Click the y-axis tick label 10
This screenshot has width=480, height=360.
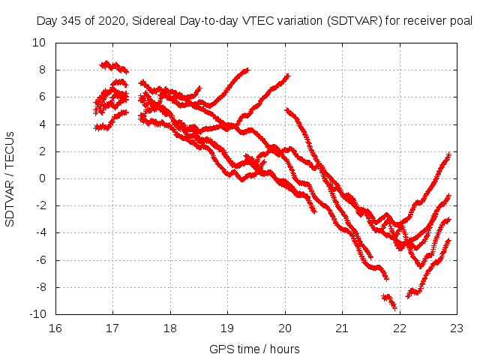pos(39,43)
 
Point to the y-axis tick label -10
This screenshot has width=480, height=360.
pos(37,314)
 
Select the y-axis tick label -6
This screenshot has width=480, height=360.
pos(39,260)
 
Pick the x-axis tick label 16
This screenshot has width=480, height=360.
pos(55,328)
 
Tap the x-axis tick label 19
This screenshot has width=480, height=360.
pos(227,328)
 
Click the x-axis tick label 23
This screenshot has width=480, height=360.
pos(457,328)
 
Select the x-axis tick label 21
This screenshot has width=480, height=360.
pos(342,328)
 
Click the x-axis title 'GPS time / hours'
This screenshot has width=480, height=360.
pos(256,349)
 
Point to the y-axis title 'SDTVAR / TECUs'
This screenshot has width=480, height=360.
pos(10,178)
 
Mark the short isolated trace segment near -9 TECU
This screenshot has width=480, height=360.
pos(388,300)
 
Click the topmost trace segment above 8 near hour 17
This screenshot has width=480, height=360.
pos(114,67)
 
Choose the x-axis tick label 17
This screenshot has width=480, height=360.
pos(112,328)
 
